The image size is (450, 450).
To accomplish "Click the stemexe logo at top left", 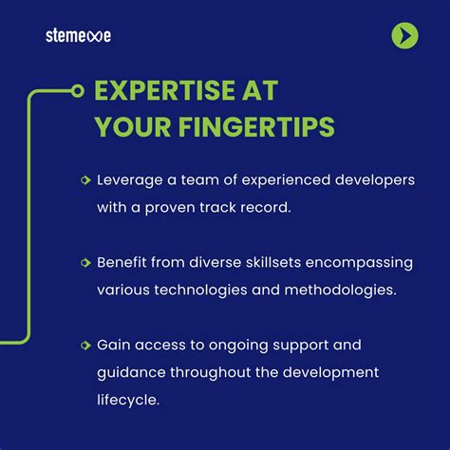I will [78, 36].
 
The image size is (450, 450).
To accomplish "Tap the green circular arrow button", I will [404, 36].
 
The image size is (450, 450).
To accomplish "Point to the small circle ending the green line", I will [78, 92].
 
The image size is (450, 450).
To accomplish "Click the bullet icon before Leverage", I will [86, 178].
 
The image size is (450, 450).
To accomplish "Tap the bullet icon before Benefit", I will [86, 261].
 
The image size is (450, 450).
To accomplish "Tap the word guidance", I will [129, 372].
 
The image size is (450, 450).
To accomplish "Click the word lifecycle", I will [127, 401].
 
